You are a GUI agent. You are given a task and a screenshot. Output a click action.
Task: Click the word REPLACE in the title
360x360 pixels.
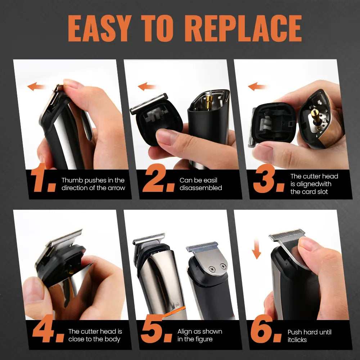tap(245, 28)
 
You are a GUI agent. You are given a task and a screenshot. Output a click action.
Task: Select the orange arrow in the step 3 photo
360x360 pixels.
tap(257, 86)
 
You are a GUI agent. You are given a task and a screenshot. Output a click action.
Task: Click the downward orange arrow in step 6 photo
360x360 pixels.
tap(256, 250)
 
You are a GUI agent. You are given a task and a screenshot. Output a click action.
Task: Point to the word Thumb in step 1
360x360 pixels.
tap(70, 180)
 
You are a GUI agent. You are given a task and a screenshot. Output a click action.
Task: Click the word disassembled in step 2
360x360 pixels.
tap(201, 188)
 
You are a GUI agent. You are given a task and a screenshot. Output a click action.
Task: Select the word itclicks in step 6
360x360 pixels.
tap(297, 339)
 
